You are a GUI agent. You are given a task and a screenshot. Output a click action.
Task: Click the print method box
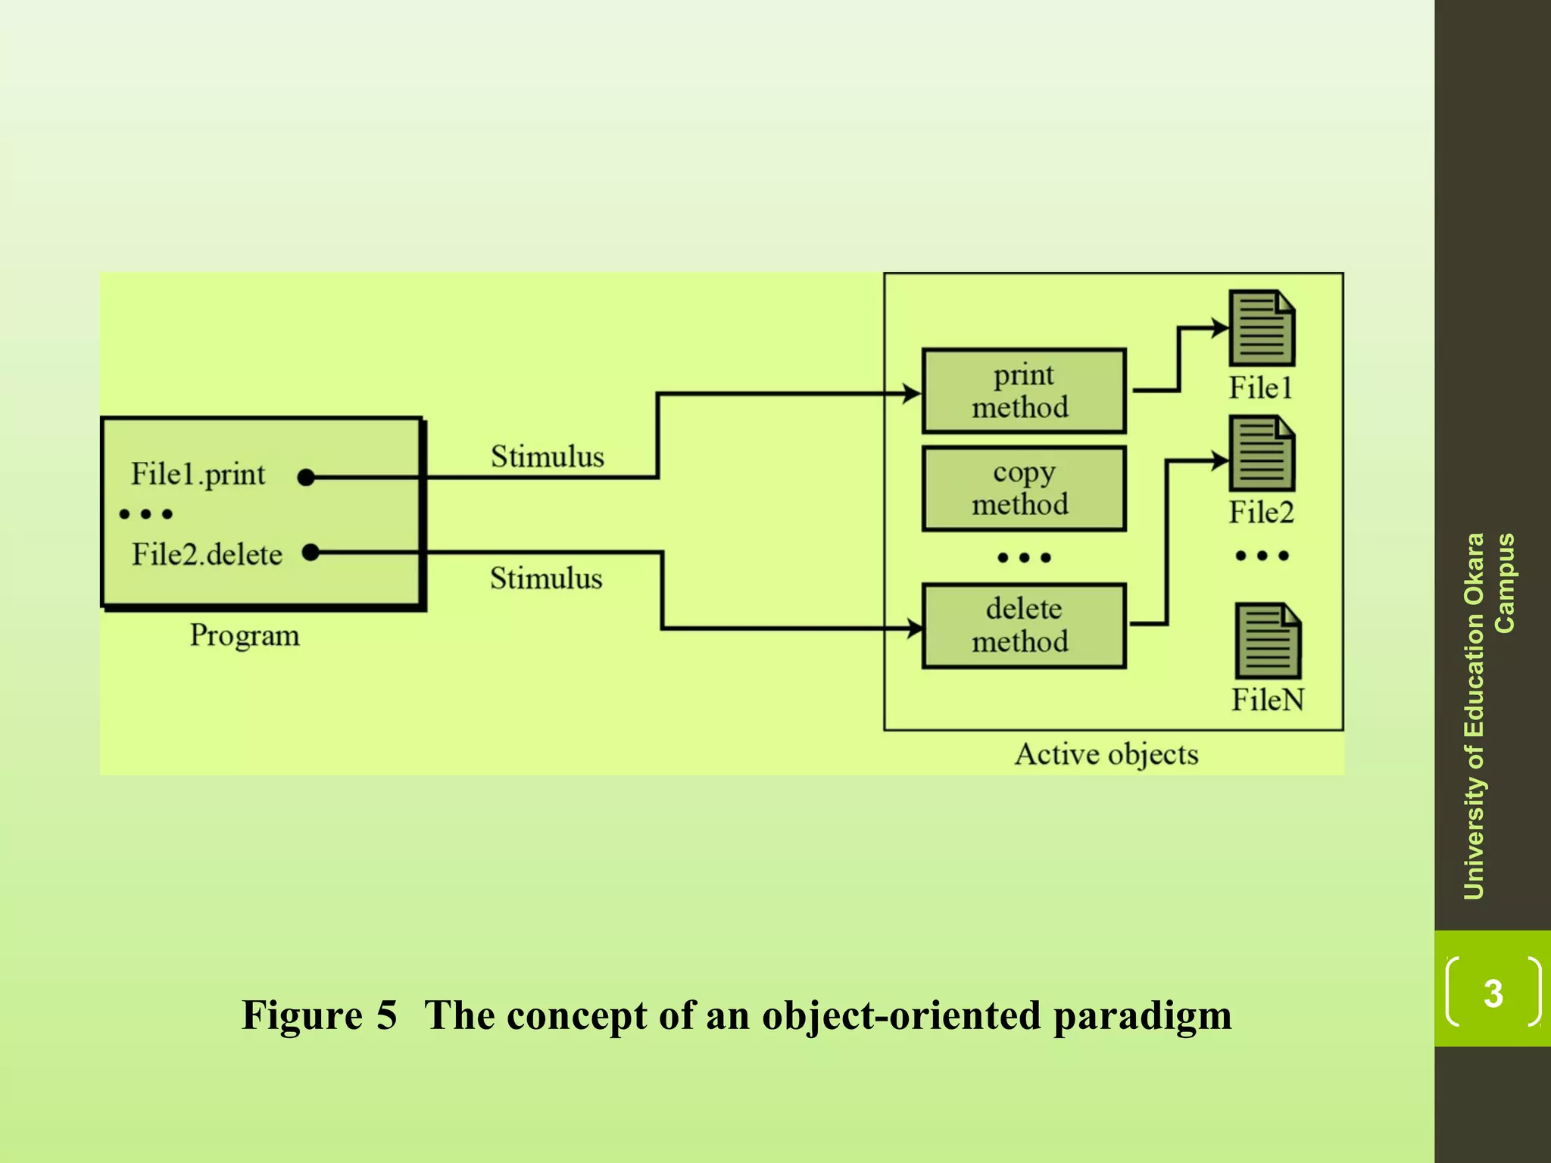[x=1023, y=391]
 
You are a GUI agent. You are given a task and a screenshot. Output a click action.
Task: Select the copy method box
[x=1023, y=488]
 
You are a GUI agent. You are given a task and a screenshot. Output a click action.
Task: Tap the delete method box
[x=1023, y=625]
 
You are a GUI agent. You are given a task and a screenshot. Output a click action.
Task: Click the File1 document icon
[x=1261, y=328]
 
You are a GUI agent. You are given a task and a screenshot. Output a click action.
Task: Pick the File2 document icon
[x=1261, y=453]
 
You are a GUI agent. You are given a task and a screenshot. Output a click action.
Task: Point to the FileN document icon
[x=1267, y=641]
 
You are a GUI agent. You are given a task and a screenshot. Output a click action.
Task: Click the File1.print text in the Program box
[x=198, y=475]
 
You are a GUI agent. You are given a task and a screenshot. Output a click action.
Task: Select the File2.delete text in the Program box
[x=207, y=554]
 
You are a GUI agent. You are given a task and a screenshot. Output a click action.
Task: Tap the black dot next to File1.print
[x=306, y=477]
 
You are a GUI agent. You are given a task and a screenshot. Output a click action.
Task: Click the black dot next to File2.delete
[x=311, y=552]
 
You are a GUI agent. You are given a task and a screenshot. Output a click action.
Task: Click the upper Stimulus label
[x=547, y=457]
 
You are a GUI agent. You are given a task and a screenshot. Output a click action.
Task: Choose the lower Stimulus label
[x=545, y=578]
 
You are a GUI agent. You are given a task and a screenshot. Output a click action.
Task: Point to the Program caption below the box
[x=244, y=635]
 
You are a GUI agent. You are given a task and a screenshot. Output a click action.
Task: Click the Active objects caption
[x=1106, y=754]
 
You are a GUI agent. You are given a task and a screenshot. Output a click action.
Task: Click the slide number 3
[x=1493, y=993]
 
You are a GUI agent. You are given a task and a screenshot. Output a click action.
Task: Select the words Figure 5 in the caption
[x=319, y=1015]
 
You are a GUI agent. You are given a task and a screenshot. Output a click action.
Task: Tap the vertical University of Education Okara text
[x=1474, y=716]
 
